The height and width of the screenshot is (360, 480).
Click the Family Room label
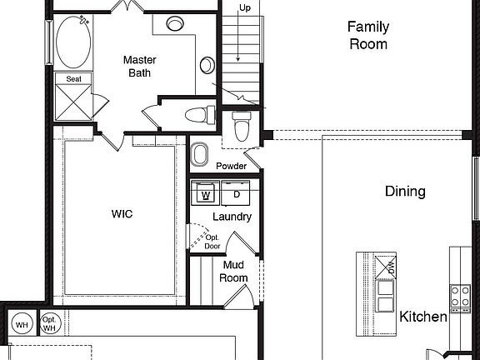pos(367,35)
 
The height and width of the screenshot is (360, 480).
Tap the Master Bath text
pos(140,67)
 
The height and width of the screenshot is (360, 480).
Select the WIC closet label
pos(122,214)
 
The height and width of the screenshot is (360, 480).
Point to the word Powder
pos(232,167)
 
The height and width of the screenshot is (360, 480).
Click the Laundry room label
pos(232,217)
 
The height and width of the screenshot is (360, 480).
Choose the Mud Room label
pos(234,272)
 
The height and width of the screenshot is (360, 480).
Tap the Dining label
pos(405,192)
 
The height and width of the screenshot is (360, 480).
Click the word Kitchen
pos(423,317)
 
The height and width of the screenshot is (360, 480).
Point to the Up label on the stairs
pos(245,7)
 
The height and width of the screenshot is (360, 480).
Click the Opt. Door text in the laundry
pos(212,242)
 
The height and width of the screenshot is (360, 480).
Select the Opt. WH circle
pos(49,323)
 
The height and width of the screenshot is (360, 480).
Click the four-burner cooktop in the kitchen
pos(460,295)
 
